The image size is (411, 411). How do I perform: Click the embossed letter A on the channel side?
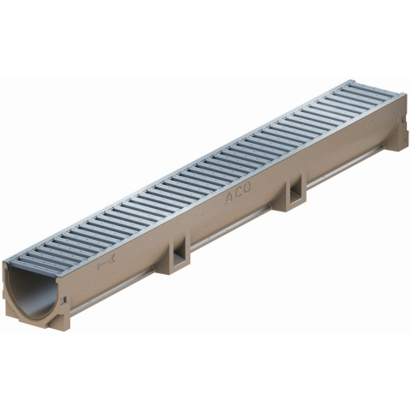[x=229, y=198]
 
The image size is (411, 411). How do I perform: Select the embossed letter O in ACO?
[x=247, y=188]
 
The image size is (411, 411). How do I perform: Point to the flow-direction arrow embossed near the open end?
[x=105, y=262]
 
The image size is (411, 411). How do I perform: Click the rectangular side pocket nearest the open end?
[x=179, y=254]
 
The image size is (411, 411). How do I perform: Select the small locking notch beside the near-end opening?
[x=64, y=301]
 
